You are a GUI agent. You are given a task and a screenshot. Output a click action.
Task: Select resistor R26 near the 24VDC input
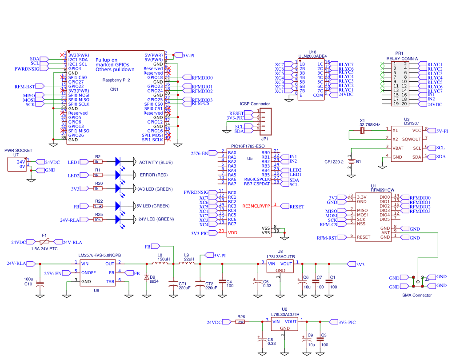pyautogui.click(x=241, y=322)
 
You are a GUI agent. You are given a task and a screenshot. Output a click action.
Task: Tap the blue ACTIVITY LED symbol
pyautogui.click(x=118, y=162)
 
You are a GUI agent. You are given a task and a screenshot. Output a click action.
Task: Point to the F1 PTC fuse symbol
pyautogui.click(x=44, y=241)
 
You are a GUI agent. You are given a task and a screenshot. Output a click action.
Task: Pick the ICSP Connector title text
pyautogui.click(x=255, y=104)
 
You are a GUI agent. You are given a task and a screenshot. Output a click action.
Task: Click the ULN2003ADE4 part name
pyautogui.click(x=312, y=56)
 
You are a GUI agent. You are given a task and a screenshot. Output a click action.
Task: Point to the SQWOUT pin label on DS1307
pyautogui.click(x=412, y=139)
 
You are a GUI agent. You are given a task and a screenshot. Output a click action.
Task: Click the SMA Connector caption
pyautogui.click(x=416, y=295)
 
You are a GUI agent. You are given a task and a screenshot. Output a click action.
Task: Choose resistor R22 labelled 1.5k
pyautogui.click(x=98, y=206)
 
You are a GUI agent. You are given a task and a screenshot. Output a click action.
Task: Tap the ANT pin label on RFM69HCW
pyautogui.click(x=385, y=233)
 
